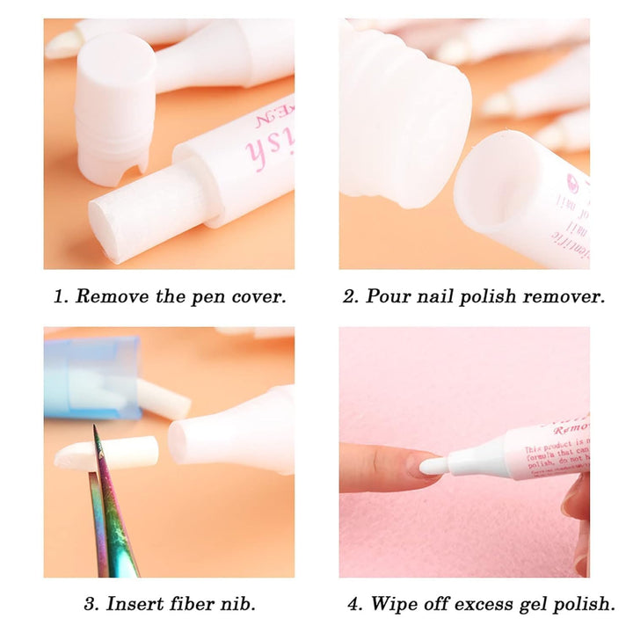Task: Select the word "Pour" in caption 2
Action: pyautogui.click(x=385, y=296)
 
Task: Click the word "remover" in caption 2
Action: pyautogui.click(x=564, y=296)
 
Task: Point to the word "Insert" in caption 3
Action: pyautogui.click(x=135, y=603)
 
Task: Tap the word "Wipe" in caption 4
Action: pyautogui.click(x=393, y=603)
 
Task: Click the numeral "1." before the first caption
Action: pyautogui.click(x=60, y=296)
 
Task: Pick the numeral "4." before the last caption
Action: pyautogui.click(x=353, y=603)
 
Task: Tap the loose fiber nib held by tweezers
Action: pyautogui.click(x=110, y=453)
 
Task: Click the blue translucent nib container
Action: pyautogui.click(x=91, y=378)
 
